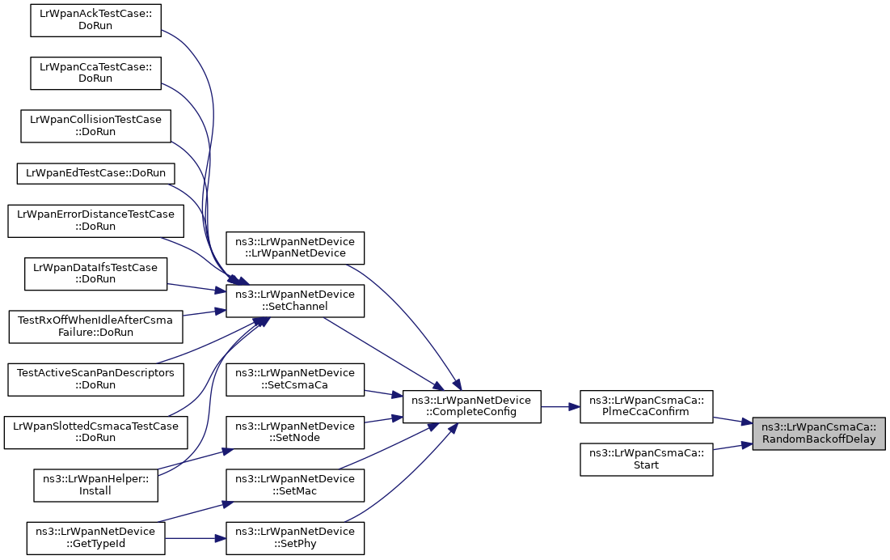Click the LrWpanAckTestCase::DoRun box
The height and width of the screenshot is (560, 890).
click(95, 20)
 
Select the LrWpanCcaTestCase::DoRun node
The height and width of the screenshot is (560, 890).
click(95, 74)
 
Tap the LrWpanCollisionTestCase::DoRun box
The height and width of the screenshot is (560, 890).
click(95, 126)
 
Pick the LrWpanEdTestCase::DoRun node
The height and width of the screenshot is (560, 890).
click(95, 173)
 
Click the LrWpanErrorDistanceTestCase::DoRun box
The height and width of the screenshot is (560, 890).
click(95, 221)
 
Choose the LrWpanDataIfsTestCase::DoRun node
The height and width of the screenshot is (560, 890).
click(95, 274)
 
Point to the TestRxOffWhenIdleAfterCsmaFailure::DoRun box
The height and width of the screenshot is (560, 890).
click(95, 327)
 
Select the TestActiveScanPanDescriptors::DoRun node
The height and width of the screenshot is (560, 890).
click(95, 380)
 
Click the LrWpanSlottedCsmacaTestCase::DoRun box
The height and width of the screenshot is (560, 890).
click(95, 432)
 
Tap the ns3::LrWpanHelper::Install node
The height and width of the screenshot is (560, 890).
click(95, 485)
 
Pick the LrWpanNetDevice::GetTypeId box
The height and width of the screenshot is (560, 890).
click(95, 538)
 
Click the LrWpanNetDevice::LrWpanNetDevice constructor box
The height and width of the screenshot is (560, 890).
click(295, 248)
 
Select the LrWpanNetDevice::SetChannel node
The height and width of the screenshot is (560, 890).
click(295, 300)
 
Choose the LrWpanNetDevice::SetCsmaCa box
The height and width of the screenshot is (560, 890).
click(295, 380)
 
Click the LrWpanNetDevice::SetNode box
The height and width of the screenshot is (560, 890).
click(295, 432)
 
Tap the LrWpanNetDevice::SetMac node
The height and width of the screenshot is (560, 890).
click(295, 485)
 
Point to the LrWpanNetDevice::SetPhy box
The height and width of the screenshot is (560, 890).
click(295, 538)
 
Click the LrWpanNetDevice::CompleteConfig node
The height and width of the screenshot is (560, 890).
click(472, 407)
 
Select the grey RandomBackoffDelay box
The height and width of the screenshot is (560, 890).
click(819, 433)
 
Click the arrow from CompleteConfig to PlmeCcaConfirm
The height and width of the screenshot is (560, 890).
click(560, 407)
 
